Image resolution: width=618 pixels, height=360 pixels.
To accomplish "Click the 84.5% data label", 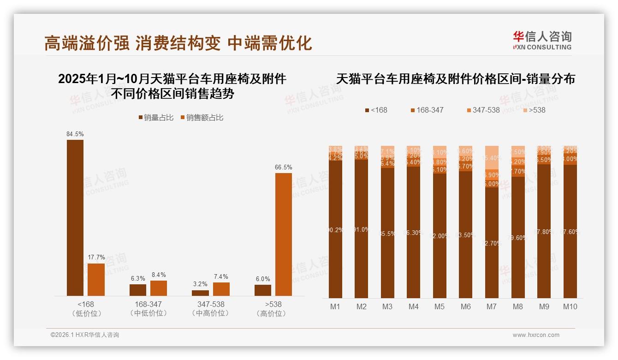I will pos(75,134).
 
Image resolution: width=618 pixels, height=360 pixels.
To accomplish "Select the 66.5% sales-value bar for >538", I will pos(283,234).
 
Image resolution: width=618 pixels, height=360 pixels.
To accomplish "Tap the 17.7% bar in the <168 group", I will pos(96,279).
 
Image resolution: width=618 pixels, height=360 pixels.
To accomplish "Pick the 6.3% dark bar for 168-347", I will pos(138,290).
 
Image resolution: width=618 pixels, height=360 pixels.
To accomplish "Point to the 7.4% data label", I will pos(221,276).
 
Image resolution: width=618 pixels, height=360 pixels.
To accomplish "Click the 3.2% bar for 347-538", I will pos(200,293).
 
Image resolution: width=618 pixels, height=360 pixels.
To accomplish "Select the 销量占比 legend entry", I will pos(156,118).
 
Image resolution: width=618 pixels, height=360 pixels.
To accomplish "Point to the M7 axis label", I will pos(492,306).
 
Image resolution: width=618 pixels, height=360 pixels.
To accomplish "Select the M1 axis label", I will pos(335,306).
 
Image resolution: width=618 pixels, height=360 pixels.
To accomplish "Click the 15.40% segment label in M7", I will pos(492,158).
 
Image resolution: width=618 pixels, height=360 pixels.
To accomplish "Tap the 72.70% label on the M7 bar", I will pos(492,243).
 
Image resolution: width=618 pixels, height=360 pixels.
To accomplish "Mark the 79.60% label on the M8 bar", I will pos(518,238).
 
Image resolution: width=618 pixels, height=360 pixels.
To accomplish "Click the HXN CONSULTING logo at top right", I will pos(542,41).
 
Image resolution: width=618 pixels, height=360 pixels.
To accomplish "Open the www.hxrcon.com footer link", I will pos(536,335).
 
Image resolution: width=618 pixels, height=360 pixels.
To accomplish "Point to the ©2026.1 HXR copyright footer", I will pos(85,335).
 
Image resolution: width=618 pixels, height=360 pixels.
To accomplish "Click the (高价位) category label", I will pos(273,313).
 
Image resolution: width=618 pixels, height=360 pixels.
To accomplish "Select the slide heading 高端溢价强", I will pos(87,43).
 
